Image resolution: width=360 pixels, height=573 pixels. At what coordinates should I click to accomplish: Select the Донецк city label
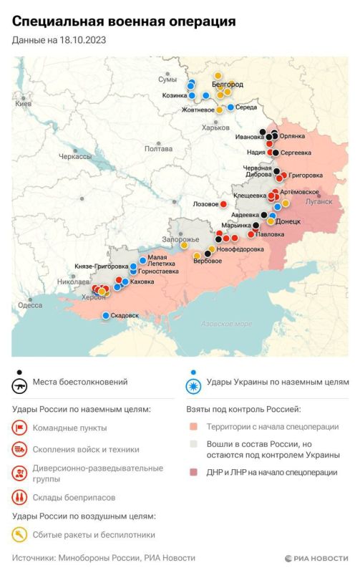(x=288, y=222)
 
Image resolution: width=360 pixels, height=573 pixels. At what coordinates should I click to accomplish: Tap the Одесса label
(x=30, y=304)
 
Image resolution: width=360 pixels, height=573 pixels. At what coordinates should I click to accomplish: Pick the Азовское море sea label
(x=226, y=324)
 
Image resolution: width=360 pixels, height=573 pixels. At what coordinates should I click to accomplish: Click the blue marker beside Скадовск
(x=106, y=315)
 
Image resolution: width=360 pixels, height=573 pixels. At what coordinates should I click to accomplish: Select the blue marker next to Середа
(x=230, y=107)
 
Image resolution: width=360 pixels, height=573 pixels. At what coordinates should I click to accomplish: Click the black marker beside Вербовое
(x=208, y=252)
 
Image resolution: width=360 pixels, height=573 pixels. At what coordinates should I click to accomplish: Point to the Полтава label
(x=158, y=149)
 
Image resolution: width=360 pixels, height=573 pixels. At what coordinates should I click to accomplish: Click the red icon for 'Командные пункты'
(x=20, y=428)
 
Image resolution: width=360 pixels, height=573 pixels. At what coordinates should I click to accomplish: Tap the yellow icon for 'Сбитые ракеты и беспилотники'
(x=20, y=534)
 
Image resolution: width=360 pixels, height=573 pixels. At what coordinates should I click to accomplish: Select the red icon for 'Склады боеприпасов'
(x=20, y=496)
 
